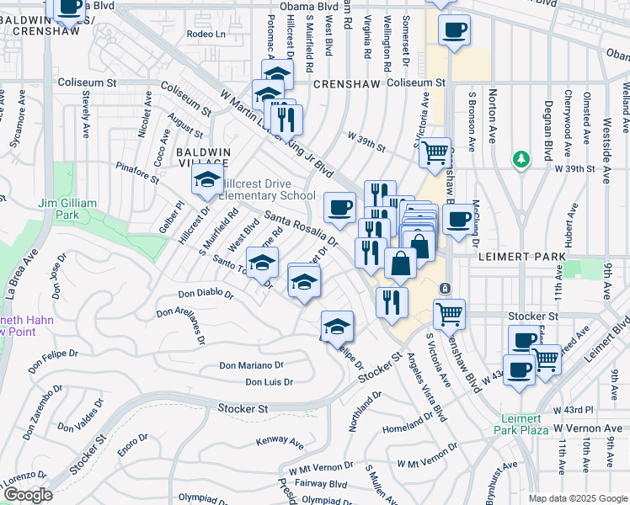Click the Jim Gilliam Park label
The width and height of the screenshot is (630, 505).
coord(72,209)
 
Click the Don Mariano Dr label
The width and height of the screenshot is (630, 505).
coord(252,365)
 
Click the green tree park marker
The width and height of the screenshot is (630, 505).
coord(522,158)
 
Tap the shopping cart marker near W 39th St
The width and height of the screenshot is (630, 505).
coord(435,154)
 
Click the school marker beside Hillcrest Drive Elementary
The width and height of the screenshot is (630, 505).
coord(206,179)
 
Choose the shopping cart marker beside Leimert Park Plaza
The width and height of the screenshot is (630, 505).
coord(546,359)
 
